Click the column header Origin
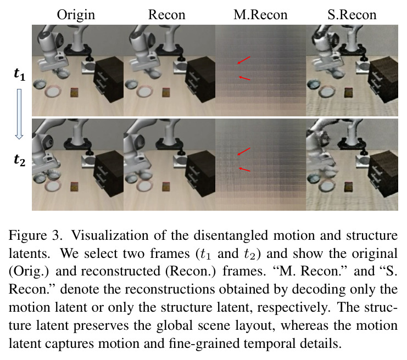pos(76,15)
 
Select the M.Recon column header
pos(260,14)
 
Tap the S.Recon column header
pos(352,14)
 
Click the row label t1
pos(19,74)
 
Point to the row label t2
pos(19,160)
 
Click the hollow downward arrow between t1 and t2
pos(19,114)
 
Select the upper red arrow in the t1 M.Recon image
pos(244,60)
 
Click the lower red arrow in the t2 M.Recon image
pos(244,170)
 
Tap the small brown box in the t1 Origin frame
pos(74,93)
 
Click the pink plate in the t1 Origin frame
pos(53,92)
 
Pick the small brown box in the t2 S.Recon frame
pos(349,187)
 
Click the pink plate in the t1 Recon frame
pos(146,92)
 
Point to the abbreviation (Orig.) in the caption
pos(29,272)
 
